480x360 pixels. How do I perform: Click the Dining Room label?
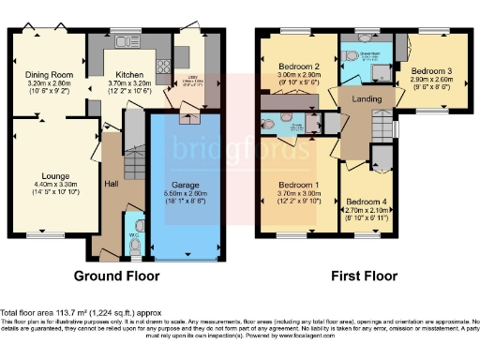(x=49, y=73)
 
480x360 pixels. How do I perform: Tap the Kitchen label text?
(x=128, y=73)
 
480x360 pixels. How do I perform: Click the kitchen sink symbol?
(x=123, y=43)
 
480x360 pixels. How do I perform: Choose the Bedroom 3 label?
(x=431, y=71)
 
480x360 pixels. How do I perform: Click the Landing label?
(x=367, y=98)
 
